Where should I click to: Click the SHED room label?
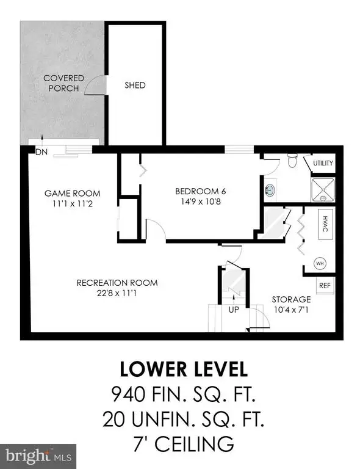[x=135, y=85]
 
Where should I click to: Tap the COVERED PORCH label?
[x=63, y=83]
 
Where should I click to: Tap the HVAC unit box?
[x=326, y=224]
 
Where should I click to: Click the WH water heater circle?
[x=320, y=264]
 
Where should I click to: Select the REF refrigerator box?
[x=325, y=286]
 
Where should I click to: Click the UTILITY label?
[x=323, y=163]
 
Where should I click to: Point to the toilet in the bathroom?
[x=292, y=161]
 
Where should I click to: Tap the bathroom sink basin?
[x=270, y=190]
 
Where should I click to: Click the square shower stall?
[x=323, y=190]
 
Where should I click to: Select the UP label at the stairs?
[x=234, y=310]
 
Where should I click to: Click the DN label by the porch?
[x=41, y=152]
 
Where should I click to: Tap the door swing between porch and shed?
[x=95, y=85]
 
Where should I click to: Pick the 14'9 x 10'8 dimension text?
[x=201, y=202]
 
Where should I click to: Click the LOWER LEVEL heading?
[x=184, y=369]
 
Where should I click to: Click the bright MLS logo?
[x=38, y=456]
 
